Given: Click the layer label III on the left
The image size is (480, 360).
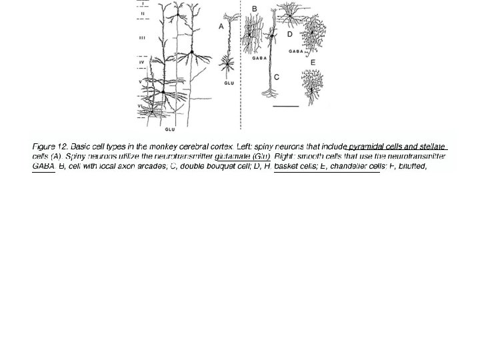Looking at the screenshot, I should tap(142, 38).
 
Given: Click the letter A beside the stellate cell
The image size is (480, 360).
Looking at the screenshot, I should tap(221, 26).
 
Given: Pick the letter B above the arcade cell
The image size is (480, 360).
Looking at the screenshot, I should tap(254, 8).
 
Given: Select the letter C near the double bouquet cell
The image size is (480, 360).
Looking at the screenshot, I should tap(277, 77).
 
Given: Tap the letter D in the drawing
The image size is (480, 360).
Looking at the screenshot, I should tap(289, 33).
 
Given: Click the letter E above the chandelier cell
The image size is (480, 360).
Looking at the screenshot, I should tap(313, 62).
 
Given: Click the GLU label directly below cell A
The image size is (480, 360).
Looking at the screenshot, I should tap(229, 83).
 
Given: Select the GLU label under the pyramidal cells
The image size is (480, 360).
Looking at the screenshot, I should tap(170, 129).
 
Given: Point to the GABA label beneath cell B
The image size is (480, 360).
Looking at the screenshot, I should tap(259, 58).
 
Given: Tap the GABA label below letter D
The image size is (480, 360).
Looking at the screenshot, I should tap(296, 51).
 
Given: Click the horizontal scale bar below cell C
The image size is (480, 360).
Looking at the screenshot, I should tap(285, 106).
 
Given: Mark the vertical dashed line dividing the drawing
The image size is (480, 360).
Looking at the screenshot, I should tap(240, 67).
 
